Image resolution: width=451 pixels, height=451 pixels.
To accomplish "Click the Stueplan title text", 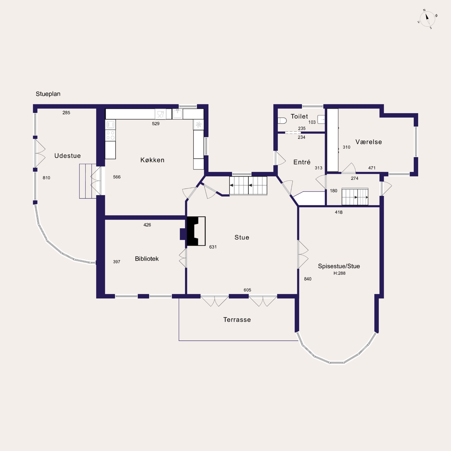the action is (x=48, y=94).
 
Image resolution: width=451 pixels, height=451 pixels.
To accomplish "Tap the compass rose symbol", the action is (x=427, y=19).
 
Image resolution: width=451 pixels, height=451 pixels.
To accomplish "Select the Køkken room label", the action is (x=152, y=160).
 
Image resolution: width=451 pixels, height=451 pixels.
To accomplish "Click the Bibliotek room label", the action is (x=147, y=259).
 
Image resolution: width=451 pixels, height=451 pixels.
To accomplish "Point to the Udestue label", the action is (x=68, y=156).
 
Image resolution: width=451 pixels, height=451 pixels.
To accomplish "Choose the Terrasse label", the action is (x=237, y=320).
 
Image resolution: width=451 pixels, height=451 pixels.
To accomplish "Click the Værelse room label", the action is (x=369, y=142).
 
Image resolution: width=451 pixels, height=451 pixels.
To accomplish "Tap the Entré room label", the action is (x=302, y=162).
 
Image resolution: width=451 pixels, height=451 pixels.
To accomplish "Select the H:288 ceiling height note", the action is (x=339, y=273).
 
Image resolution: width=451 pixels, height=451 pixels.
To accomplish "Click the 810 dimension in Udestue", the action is (x=47, y=178).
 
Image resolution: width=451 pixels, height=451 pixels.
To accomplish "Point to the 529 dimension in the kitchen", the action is (x=156, y=124).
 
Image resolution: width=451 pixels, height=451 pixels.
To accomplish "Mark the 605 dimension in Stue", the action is (x=247, y=290).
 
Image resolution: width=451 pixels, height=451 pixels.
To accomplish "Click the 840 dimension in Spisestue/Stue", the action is (x=308, y=279).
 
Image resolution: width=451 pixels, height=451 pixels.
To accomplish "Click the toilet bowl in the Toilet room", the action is (x=282, y=121).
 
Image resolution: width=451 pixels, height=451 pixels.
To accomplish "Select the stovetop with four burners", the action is (x=110, y=135).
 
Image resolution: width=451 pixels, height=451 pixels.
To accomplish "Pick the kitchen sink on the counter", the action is (x=178, y=114).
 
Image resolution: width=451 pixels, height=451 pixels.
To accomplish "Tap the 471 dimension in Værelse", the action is (x=372, y=168).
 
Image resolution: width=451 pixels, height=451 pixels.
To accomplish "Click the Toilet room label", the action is (x=299, y=116).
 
